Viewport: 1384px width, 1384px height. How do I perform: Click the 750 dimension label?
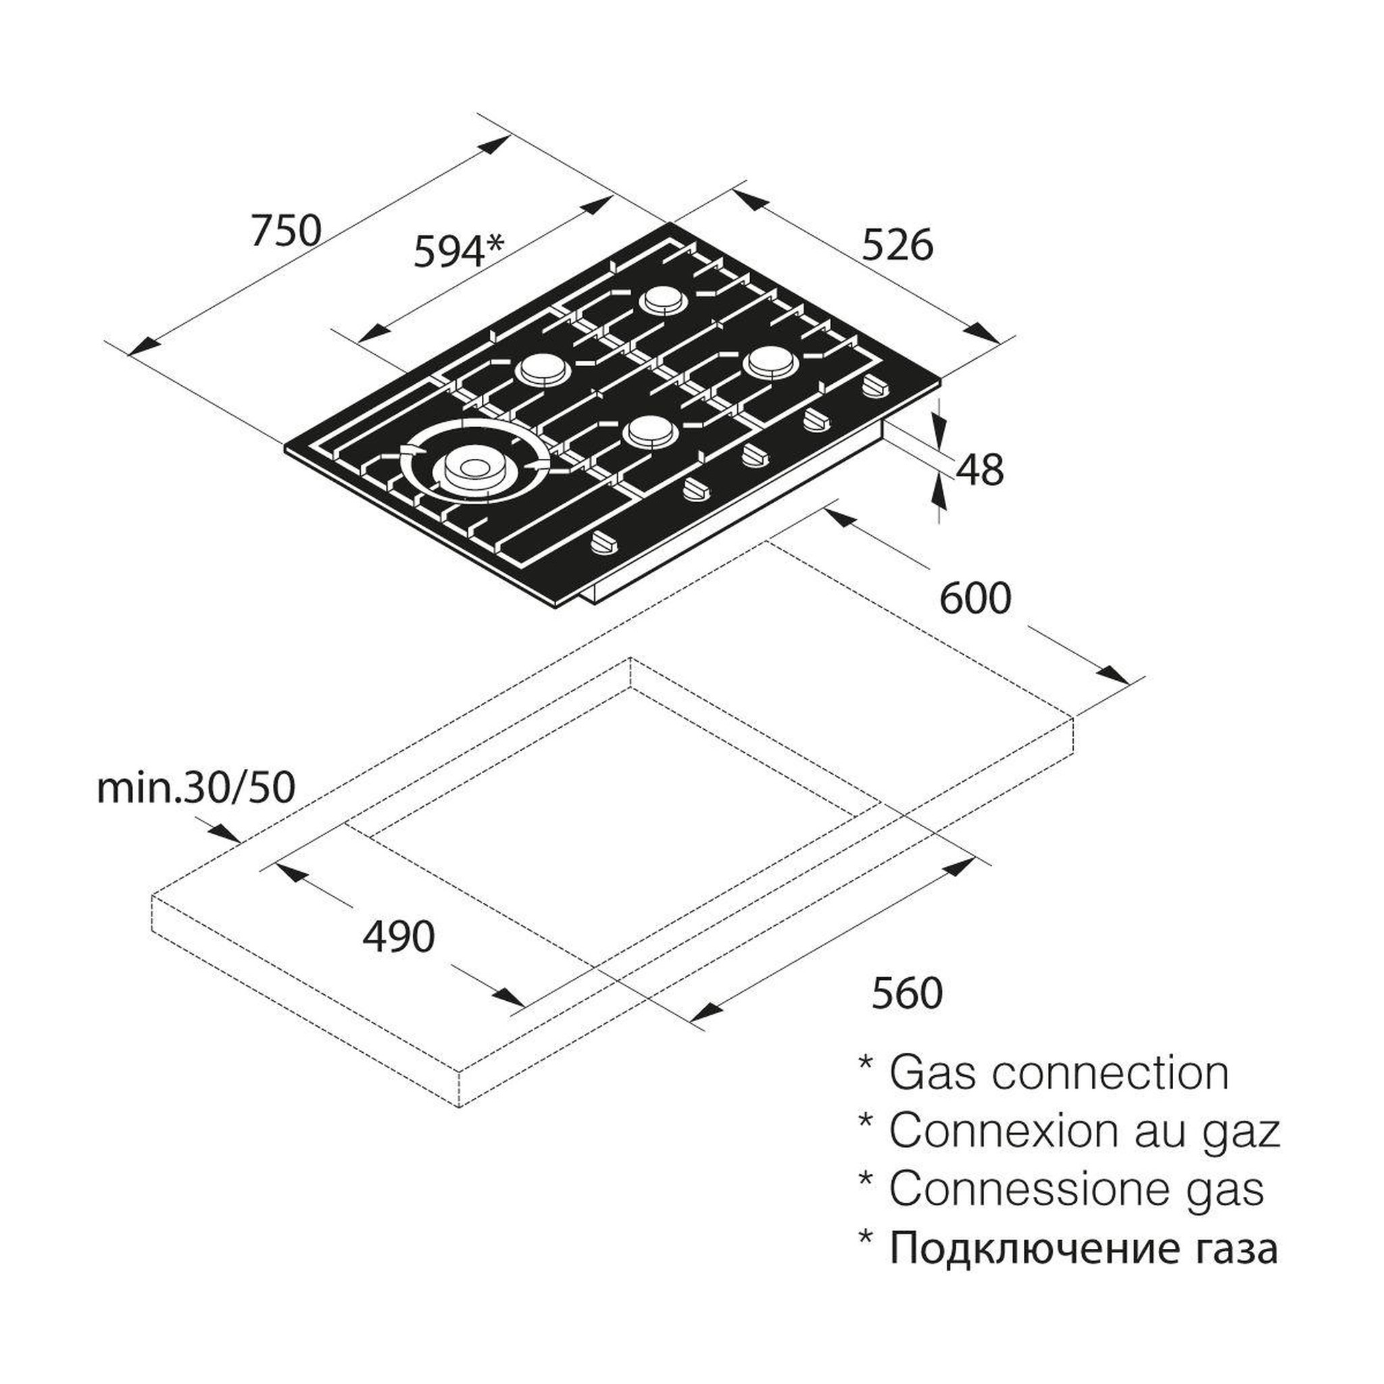point(286,230)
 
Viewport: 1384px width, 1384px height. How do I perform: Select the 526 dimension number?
point(897,245)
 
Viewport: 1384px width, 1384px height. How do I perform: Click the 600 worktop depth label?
point(976,598)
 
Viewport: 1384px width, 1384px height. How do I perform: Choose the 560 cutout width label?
point(907,993)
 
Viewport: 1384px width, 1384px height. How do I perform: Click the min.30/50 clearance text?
point(195,789)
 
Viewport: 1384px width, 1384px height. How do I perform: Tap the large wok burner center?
point(472,468)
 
